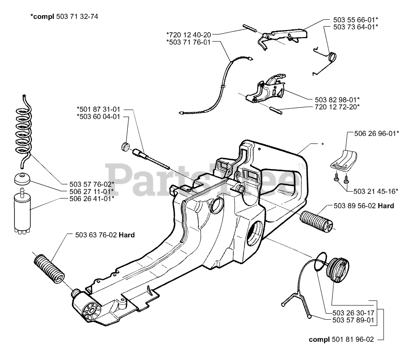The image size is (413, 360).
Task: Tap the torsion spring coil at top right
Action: pos(332,58)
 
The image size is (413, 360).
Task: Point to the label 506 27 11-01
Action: pos(92,191)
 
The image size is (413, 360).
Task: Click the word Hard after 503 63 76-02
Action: pos(126,235)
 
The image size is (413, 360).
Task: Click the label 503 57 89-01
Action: pos(353,320)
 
